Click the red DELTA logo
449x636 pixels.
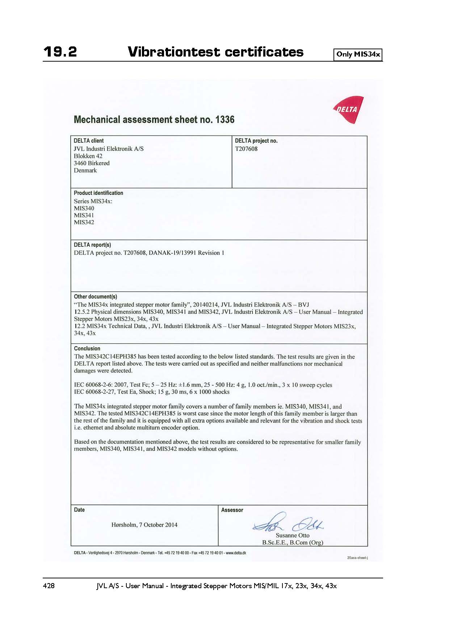click(x=348, y=109)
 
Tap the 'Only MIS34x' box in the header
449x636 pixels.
click(x=358, y=54)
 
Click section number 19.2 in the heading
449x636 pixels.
click(x=60, y=52)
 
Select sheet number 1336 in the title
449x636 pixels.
click(x=225, y=120)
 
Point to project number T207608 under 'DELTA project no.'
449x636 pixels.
click(x=246, y=149)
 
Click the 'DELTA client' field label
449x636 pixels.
click(x=89, y=141)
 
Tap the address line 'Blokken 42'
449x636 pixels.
click(x=88, y=156)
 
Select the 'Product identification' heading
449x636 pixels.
click(x=98, y=193)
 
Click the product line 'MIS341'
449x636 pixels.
click(x=84, y=215)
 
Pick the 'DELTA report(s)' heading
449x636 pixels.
click(x=92, y=245)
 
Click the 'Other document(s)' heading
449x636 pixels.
click(x=96, y=296)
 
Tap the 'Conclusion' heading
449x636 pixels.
click(x=87, y=349)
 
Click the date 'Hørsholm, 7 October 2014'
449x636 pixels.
click(x=144, y=525)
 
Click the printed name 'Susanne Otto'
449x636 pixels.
click(x=293, y=535)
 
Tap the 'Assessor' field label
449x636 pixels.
click(x=232, y=510)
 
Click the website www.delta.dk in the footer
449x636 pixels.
click(x=236, y=553)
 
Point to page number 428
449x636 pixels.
click(x=49, y=586)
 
